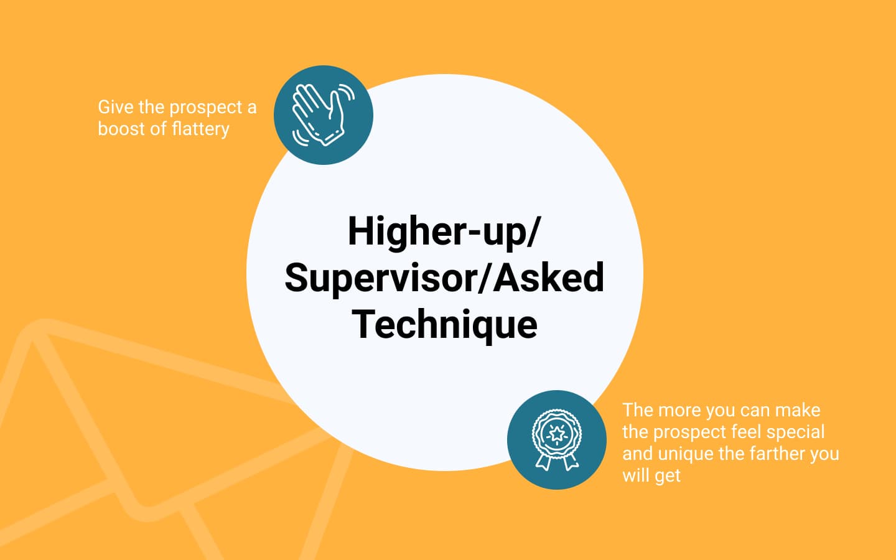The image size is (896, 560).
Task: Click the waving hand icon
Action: coord(323,114)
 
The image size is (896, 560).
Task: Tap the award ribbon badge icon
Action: coord(557,439)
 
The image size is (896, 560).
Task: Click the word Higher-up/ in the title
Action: coord(444,233)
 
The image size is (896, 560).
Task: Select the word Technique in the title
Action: coord(444,325)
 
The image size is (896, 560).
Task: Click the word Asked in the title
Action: coord(548,278)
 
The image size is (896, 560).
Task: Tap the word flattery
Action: coord(200,129)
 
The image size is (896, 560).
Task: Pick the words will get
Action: coord(651,476)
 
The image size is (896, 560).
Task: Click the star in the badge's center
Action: coord(556,434)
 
